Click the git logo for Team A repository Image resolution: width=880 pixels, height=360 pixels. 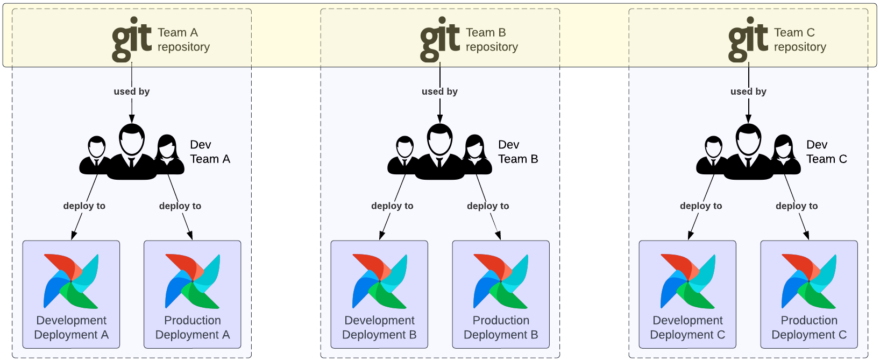[132, 39]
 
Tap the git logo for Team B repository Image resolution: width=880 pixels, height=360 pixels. [440, 39]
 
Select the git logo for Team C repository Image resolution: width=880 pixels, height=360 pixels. [748, 39]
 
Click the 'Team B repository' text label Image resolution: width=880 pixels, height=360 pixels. [492, 40]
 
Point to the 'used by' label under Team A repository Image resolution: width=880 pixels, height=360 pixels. [132, 91]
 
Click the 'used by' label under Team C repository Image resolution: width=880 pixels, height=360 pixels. [748, 91]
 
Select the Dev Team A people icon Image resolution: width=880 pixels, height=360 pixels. [132, 152]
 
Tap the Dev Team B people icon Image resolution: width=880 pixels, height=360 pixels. [440, 152]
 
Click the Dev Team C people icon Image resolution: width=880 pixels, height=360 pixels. [748, 152]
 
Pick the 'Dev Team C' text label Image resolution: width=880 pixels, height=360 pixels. [826, 152]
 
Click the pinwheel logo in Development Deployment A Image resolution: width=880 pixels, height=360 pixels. [71, 281]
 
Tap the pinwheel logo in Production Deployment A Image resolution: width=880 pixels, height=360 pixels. [193, 281]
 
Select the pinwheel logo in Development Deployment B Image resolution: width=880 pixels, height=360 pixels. [379, 281]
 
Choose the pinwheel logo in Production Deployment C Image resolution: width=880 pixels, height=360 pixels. [809, 281]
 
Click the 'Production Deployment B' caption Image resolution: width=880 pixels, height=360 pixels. [501, 327]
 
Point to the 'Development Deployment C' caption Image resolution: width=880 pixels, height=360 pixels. [687, 327]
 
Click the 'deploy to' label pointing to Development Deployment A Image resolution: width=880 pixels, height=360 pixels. [84, 206]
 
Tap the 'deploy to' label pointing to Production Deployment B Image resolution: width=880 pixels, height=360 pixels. [488, 206]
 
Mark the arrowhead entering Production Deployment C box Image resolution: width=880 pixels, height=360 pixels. [806, 235]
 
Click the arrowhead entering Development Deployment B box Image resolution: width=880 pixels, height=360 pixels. [381, 235]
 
